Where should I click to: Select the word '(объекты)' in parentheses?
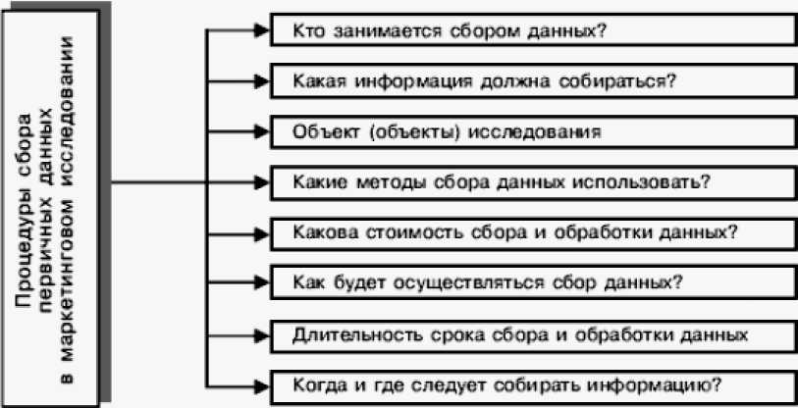tap(395, 130)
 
